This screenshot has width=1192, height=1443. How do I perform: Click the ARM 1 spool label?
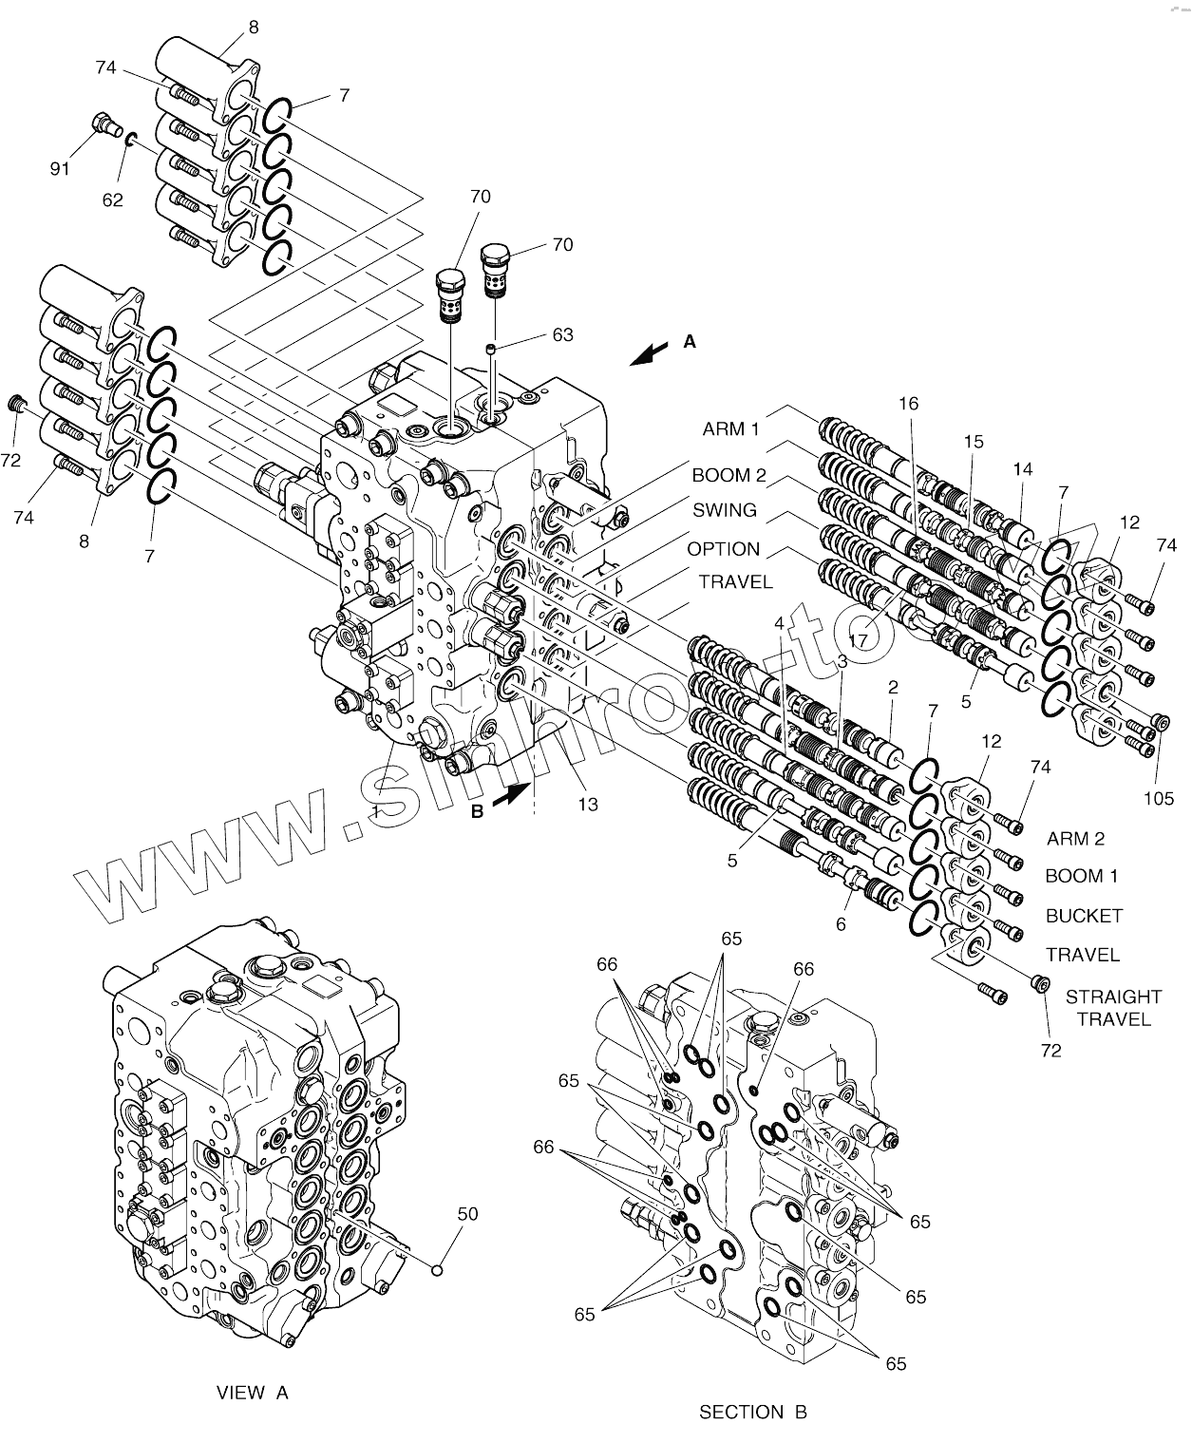click(730, 429)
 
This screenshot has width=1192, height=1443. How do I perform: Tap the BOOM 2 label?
click(728, 475)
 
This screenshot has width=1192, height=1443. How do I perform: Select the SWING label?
click(724, 510)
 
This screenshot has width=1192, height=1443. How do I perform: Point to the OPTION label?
click(724, 549)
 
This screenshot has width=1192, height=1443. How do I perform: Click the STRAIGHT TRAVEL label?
click(1113, 1008)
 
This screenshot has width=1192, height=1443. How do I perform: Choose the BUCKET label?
click(1084, 916)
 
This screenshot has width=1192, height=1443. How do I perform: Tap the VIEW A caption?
click(252, 1393)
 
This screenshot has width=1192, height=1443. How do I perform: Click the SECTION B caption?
click(752, 1412)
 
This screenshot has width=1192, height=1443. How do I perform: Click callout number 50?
click(467, 1213)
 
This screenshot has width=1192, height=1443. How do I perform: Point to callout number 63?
click(562, 334)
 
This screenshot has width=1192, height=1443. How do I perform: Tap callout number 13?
click(588, 805)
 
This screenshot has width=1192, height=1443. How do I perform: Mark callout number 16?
click(908, 404)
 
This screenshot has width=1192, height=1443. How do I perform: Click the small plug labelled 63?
click(490, 349)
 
